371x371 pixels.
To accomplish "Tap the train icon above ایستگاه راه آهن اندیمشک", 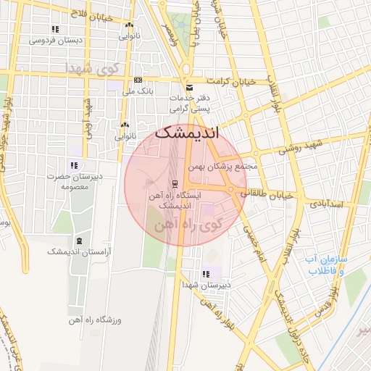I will pos(175,184).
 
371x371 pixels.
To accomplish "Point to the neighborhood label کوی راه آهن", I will pos(185,225).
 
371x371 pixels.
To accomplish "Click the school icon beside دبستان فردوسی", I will pos(54,29).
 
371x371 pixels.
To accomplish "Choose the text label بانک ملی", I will pos(137,91).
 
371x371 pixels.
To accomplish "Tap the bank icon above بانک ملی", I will pos(137,80).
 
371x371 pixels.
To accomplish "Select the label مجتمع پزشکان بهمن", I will pos(223,166).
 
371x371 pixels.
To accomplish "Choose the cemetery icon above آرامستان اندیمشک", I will pos(79,241).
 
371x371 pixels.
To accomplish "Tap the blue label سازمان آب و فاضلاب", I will pos(325,264).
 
